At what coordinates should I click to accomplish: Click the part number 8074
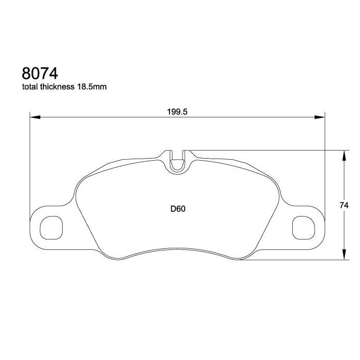click(40, 73)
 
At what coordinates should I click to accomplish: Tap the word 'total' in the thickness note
click(30, 87)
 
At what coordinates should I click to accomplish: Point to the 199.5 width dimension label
click(177, 112)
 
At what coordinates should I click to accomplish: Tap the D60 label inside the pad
click(178, 209)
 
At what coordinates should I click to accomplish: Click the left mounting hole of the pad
click(52, 227)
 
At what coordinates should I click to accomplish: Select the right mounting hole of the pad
click(303, 227)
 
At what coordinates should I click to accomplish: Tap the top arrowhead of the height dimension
click(344, 154)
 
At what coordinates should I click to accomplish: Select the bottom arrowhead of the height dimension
click(344, 255)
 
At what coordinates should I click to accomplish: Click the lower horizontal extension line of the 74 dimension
click(292, 259)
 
